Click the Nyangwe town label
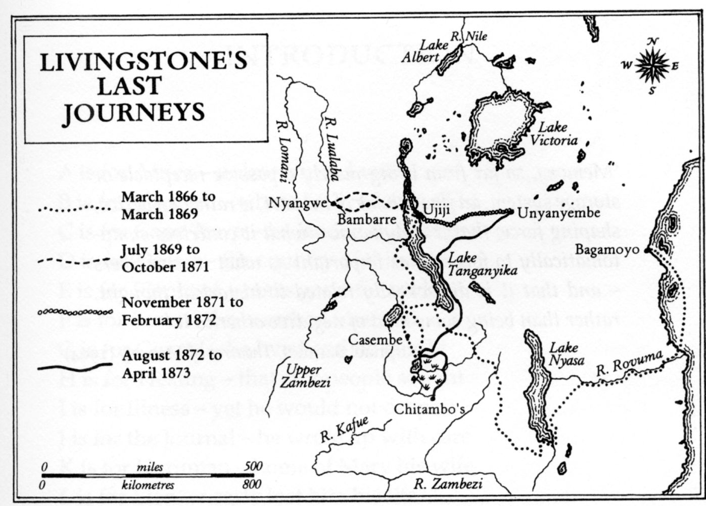[299, 203]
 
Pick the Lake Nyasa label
[566, 354]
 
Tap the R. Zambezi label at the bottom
[448, 484]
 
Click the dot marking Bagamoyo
[646, 250]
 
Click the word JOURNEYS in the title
[134, 113]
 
